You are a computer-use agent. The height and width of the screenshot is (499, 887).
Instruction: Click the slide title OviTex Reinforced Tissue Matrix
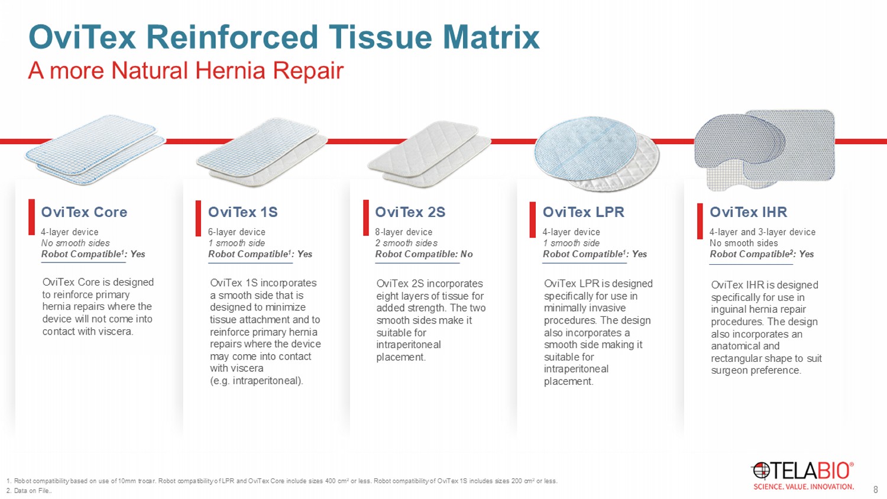pos(284,37)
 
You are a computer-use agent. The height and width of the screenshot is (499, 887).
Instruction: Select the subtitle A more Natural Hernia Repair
pos(186,71)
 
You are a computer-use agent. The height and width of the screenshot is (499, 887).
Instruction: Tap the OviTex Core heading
pos(85,212)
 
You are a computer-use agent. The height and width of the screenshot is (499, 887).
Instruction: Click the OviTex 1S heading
pos(242,212)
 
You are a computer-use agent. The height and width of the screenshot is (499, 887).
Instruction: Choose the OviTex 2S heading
pos(410,212)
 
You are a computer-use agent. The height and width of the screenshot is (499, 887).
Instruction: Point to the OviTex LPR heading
pos(583,212)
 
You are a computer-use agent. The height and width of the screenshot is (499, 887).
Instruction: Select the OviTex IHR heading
pos(749,212)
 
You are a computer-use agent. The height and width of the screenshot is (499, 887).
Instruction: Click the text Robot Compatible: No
pos(424,254)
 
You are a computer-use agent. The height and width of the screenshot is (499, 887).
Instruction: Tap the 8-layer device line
pos(404,232)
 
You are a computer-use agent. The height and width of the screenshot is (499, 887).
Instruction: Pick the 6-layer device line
pos(237,232)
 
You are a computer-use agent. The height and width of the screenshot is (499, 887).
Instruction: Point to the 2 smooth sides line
pos(406,243)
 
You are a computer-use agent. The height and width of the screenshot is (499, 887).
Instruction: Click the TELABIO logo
pos(802,475)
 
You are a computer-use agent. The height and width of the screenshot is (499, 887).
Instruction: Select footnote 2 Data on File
pos(29,491)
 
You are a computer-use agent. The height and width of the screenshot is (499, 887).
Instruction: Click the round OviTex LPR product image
pos(596,154)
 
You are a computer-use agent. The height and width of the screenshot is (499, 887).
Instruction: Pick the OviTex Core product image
pos(95,150)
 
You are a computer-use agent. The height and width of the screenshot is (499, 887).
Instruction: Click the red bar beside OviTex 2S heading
pos(366,218)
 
